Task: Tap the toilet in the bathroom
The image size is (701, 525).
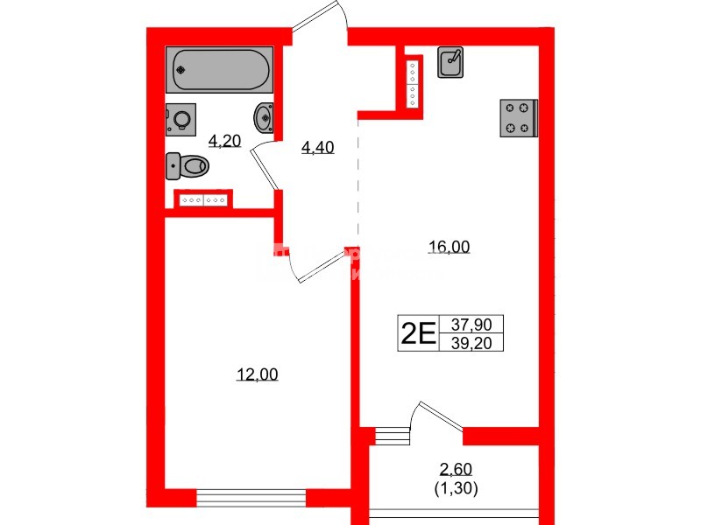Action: (x=187, y=164)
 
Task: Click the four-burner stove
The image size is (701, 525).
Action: (x=518, y=118)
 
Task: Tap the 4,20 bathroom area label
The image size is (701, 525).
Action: (x=224, y=141)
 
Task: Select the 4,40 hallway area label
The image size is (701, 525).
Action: (x=317, y=148)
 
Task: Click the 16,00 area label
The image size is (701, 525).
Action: (x=449, y=248)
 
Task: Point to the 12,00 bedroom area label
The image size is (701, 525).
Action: (x=257, y=374)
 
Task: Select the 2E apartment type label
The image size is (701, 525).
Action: (x=418, y=332)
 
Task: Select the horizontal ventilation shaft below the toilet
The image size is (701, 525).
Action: (x=204, y=199)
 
